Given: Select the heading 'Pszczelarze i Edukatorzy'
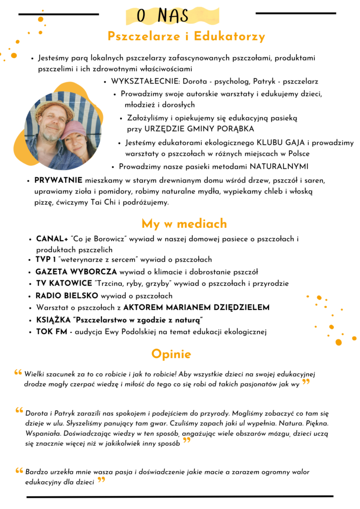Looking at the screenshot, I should click(x=186, y=37).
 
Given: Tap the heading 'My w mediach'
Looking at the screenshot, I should click(x=184, y=223).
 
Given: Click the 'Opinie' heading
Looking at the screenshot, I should click(x=171, y=354).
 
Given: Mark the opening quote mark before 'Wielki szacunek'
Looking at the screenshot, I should click(x=18, y=372).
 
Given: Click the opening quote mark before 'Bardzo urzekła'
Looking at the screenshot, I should click(x=18, y=470).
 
